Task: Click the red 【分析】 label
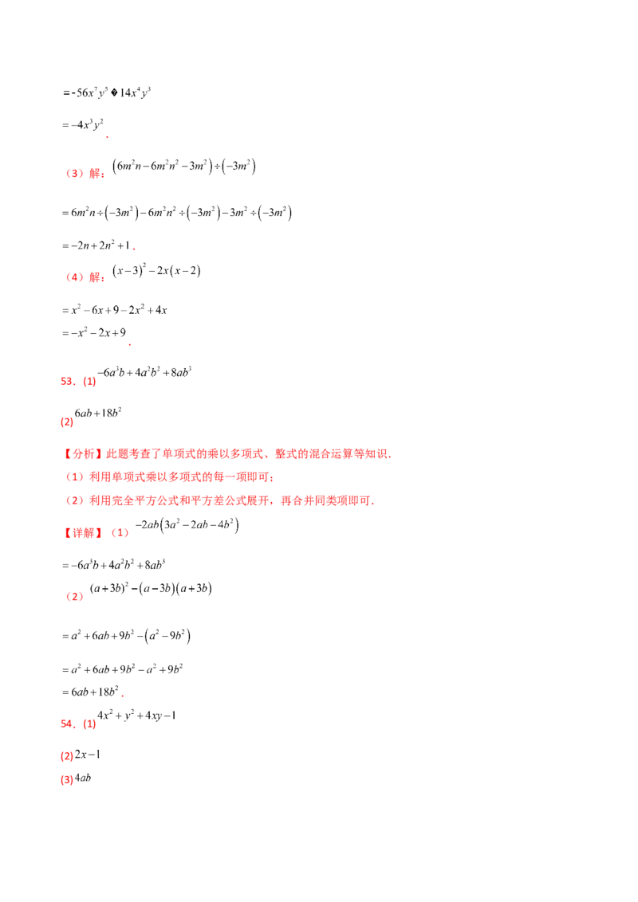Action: tap(77, 454)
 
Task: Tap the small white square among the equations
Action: tap(175, 629)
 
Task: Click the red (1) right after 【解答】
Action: tap(120, 532)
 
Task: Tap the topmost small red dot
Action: tap(105, 137)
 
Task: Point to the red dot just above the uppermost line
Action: tap(130, 346)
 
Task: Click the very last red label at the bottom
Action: tap(67, 781)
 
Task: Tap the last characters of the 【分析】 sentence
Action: tap(383, 454)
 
